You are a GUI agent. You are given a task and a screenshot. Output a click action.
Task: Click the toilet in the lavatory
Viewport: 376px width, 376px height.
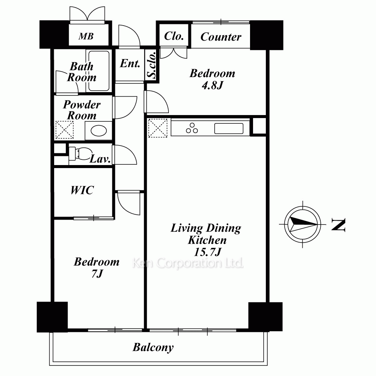point(80,153)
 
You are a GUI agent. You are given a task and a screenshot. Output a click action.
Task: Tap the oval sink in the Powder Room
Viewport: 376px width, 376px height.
point(99,131)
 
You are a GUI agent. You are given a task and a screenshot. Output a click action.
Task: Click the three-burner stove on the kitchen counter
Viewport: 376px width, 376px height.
point(192,128)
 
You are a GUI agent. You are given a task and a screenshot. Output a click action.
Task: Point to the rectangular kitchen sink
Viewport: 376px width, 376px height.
point(229,129)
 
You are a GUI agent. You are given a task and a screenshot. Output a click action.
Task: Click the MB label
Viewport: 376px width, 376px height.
point(86,36)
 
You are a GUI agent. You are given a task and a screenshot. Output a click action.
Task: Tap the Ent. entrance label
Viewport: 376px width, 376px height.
point(130,64)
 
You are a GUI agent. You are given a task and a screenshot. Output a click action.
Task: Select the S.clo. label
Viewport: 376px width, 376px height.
point(152,65)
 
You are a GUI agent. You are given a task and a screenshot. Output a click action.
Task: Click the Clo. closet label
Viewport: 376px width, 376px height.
point(174,36)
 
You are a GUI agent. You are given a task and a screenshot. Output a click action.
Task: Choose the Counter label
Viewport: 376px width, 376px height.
point(221,37)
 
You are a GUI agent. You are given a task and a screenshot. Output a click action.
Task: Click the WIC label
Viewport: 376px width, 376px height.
point(82,190)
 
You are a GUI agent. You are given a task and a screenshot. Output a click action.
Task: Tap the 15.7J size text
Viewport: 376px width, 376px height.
point(208,252)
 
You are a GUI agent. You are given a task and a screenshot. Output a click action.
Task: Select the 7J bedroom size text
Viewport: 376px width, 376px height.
point(97,273)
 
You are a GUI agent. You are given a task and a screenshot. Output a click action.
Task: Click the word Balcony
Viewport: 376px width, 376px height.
point(153,347)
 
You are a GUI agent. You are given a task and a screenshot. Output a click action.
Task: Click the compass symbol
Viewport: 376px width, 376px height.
point(303,224)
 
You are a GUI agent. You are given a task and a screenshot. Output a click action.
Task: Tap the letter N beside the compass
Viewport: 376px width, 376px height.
point(338,224)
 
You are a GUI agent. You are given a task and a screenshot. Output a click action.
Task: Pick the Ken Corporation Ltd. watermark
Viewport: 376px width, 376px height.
point(188,263)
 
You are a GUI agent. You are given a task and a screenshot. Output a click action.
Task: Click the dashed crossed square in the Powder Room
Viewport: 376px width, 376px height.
point(65,130)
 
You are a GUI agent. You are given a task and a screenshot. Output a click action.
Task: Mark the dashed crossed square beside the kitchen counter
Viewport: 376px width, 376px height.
point(158,128)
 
